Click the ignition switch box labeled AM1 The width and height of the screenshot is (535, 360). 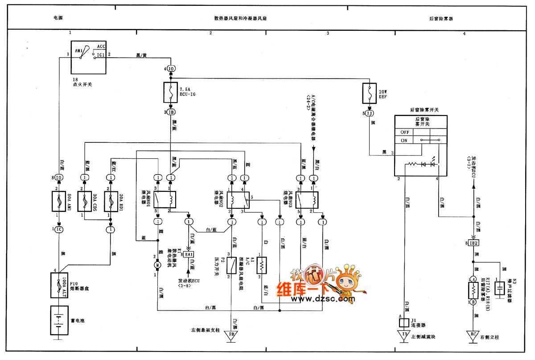[x=89, y=57]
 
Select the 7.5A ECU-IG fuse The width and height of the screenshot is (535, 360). [x=171, y=93]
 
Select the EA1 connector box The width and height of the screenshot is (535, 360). [x=189, y=254]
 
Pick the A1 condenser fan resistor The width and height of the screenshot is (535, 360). [x=262, y=265]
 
